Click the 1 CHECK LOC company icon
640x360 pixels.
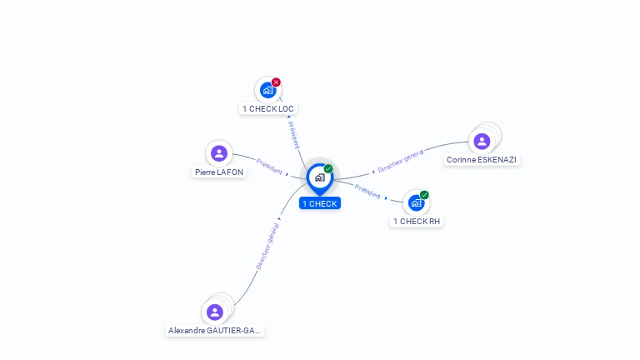(x=267, y=90)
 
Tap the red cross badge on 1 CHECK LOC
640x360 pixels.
(x=277, y=82)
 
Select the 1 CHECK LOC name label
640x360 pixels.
(x=268, y=109)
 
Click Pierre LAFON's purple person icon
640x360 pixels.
(x=219, y=153)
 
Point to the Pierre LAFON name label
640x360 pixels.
(x=219, y=172)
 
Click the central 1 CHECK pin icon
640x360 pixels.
(x=320, y=179)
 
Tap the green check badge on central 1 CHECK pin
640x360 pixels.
(x=328, y=168)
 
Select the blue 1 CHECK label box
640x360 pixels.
(x=320, y=203)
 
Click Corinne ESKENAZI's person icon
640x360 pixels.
(x=482, y=141)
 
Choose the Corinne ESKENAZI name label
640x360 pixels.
(x=482, y=160)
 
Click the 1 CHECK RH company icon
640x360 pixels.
(x=417, y=202)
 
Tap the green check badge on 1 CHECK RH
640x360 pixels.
(x=424, y=195)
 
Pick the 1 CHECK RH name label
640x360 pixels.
(x=417, y=221)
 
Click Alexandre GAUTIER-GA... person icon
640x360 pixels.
(x=215, y=312)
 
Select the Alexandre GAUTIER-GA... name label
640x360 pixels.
(x=215, y=331)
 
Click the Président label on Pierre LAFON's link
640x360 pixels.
(x=269, y=167)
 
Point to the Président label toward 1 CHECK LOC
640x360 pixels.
(x=294, y=135)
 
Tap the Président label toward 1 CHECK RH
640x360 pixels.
(x=367, y=192)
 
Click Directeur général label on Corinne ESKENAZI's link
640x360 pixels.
(x=401, y=161)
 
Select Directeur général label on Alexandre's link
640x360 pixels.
(x=267, y=246)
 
